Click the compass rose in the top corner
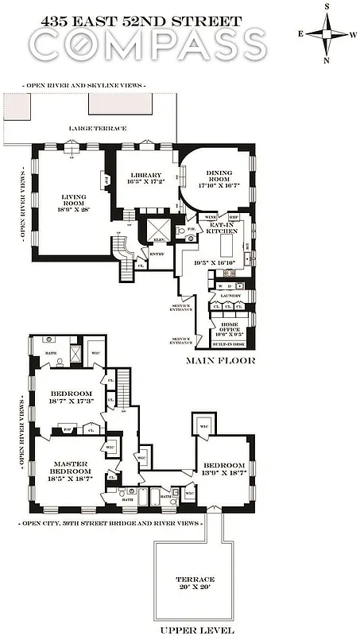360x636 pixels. click(326, 33)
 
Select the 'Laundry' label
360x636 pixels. click(230, 295)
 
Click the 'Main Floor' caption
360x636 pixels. click(219, 360)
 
